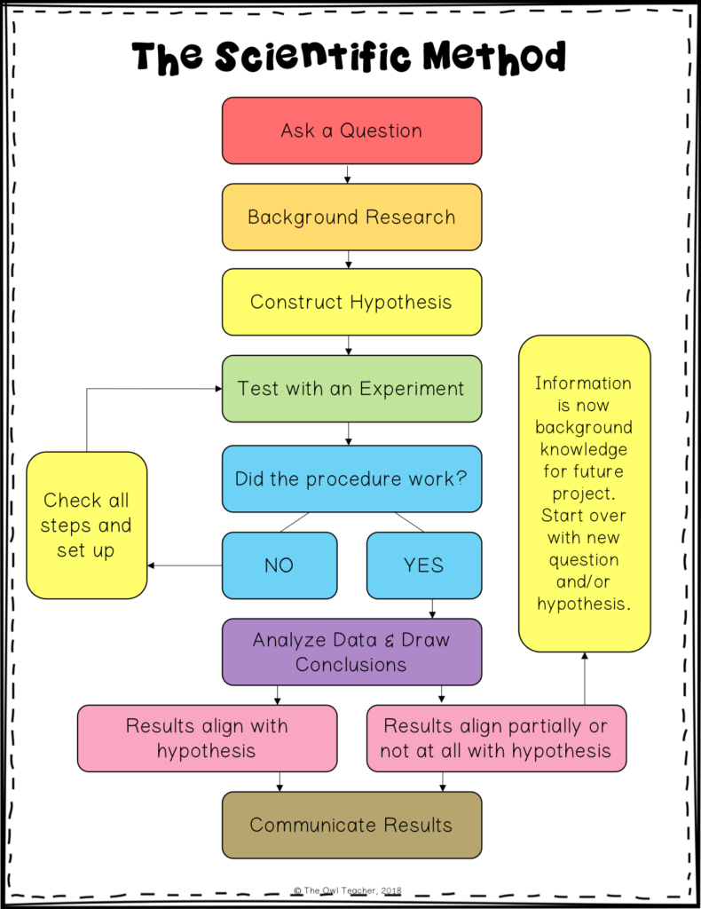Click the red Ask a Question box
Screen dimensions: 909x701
pos(351,130)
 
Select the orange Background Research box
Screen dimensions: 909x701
pos(351,217)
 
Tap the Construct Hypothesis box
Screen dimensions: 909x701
pos(351,302)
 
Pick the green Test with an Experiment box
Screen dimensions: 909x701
pos(351,388)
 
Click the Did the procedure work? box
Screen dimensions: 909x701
pos(351,478)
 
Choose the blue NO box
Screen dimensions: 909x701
pos(279,565)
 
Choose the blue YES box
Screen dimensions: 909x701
pos(423,565)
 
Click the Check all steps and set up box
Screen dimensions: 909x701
pos(86,525)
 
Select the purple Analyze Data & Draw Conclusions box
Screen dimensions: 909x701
pos(351,652)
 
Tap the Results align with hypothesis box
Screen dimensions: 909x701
pos(207,738)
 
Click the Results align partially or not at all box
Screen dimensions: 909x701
pos(495,738)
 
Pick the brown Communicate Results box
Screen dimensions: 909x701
pos(351,825)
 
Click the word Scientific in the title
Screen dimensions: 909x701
pos(313,58)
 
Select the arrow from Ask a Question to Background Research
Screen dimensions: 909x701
pos(349,173)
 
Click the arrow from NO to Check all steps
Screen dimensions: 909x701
pos(185,565)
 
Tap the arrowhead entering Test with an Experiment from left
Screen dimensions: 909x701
pos(217,388)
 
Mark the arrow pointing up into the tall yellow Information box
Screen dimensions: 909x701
pos(584,679)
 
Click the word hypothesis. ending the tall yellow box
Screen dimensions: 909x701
pos(583,604)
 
